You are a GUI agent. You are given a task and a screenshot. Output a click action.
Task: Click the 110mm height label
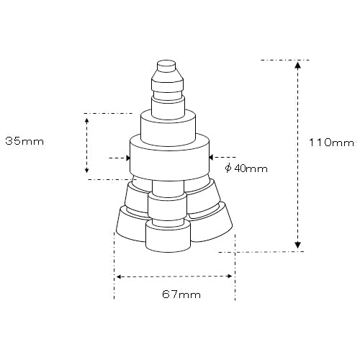pyautogui.click(x=331, y=143)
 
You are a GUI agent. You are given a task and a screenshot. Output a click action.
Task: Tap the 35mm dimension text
pyautogui.click(x=24, y=141)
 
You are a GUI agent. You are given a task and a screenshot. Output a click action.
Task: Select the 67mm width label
pyautogui.click(x=181, y=294)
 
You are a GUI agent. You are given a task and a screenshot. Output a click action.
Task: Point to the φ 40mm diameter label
pyautogui.click(x=246, y=168)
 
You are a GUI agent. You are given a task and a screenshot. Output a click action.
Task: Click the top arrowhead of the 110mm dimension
pyautogui.click(x=297, y=66)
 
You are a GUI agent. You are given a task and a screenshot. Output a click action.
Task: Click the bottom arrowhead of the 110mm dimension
pyautogui.click(x=297, y=245)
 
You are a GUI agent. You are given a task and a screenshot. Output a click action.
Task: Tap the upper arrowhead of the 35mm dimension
pyautogui.click(x=87, y=120)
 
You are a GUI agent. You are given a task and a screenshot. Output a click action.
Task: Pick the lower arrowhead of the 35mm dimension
pyautogui.click(x=87, y=170)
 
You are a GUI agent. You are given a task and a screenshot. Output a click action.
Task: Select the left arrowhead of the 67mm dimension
pyautogui.click(x=119, y=277)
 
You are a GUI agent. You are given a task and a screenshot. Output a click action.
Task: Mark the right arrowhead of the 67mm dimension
pyautogui.click(x=230, y=276)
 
